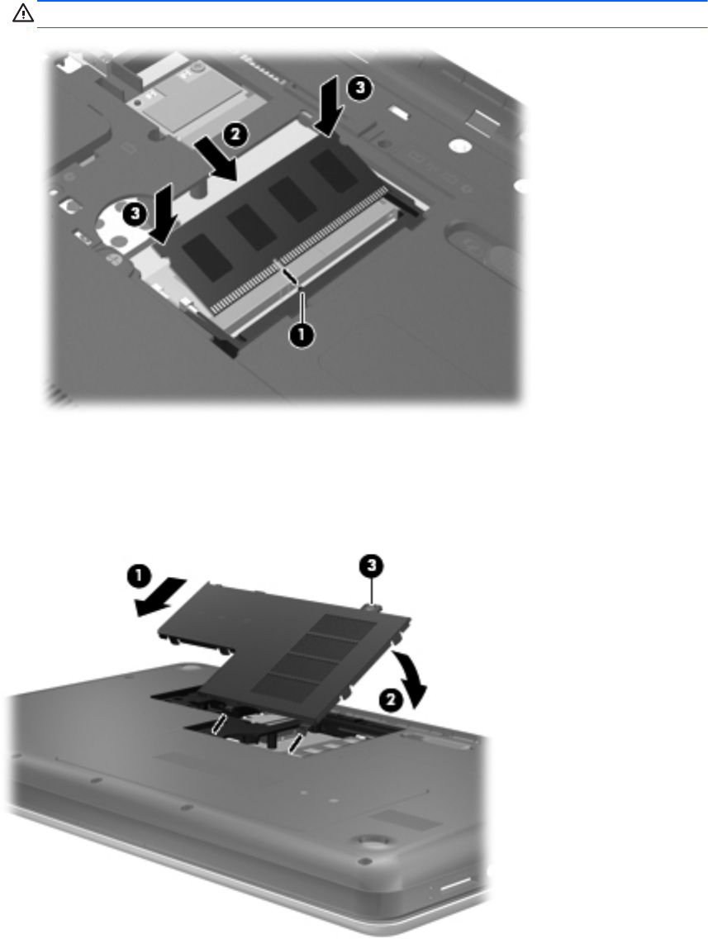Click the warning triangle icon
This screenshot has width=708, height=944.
tap(23, 14)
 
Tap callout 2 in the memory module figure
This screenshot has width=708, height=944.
tap(235, 134)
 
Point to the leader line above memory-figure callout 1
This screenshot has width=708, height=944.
tap(301, 308)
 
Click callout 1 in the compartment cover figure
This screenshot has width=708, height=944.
tap(138, 576)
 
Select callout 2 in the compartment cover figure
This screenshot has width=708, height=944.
tap(391, 699)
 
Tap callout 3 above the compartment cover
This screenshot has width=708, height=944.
tap(372, 565)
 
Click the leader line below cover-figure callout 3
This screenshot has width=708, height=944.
tap(373, 589)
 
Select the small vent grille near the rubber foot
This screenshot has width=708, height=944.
tap(404, 820)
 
